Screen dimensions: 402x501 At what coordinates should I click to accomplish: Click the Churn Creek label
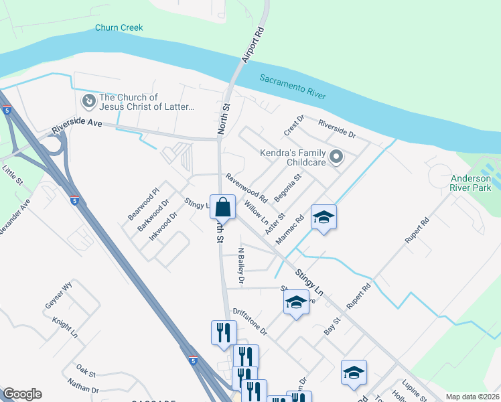(x=119, y=27)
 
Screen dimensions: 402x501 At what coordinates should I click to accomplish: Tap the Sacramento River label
(x=293, y=88)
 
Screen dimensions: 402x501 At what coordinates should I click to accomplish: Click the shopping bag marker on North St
(x=222, y=206)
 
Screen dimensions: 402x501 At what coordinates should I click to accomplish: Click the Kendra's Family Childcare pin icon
(x=336, y=157)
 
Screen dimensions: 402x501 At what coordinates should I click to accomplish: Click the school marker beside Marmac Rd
(x=323, y=218)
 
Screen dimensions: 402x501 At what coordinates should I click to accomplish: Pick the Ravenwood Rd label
(x=246, y=188)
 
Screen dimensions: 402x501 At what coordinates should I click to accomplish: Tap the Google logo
(x=22, y=394)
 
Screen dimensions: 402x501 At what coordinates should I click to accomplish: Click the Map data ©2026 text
(x=472, y=397)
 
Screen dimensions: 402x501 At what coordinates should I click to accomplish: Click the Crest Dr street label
(x=294, y=124)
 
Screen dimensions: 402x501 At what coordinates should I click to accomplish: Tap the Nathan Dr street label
(x=83, y=385)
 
